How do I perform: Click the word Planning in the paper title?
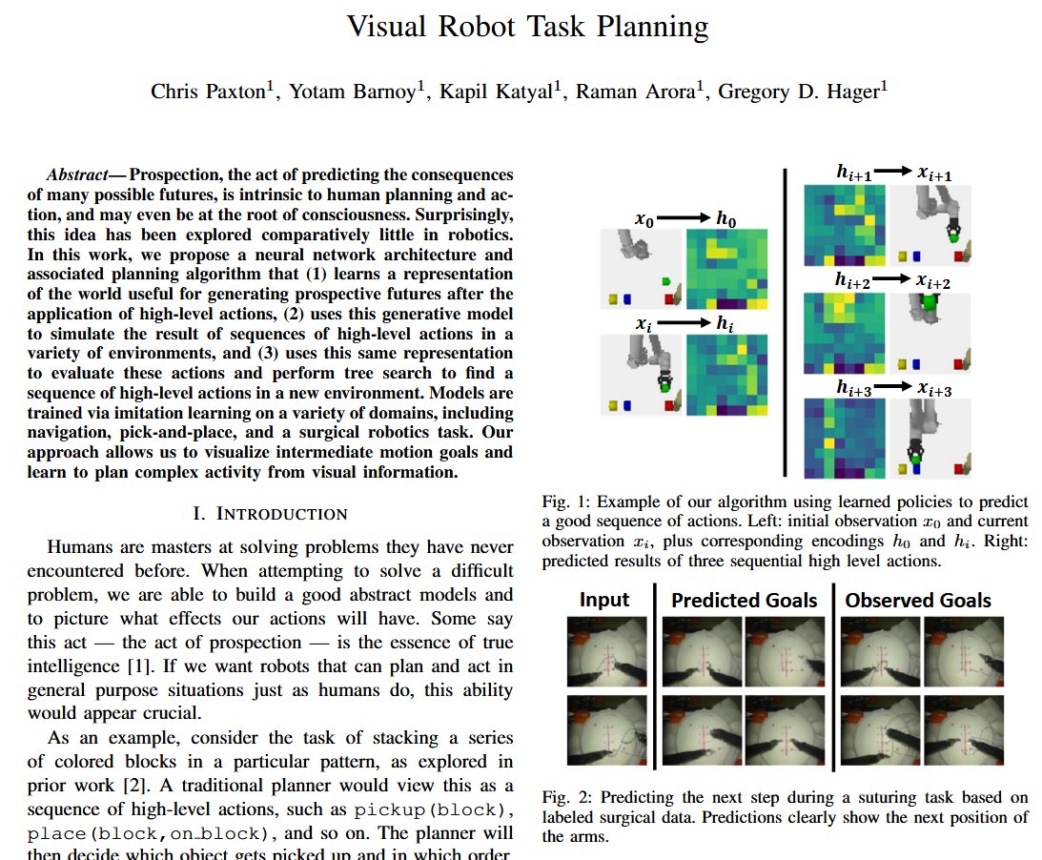653,28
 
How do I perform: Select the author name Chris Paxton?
209,91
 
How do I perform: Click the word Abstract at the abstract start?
77,174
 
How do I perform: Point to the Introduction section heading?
270,514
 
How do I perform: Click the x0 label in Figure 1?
644,218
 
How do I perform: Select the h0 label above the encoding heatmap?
725,218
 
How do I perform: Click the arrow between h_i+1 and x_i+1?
893,172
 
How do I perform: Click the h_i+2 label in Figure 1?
852,280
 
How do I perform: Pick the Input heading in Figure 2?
604,600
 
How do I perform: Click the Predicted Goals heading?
745,601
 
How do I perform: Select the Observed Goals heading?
918,601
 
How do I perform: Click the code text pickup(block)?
433,810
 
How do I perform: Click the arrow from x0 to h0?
684,217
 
